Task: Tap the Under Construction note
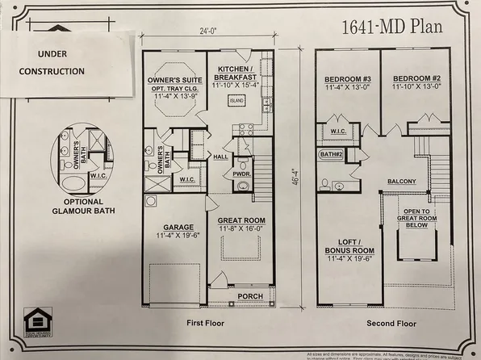(x=50, y=63)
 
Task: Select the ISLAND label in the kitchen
(x=236, y=102)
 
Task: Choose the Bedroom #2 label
(x=416, y=78)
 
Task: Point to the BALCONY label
(x=401, y=182)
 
